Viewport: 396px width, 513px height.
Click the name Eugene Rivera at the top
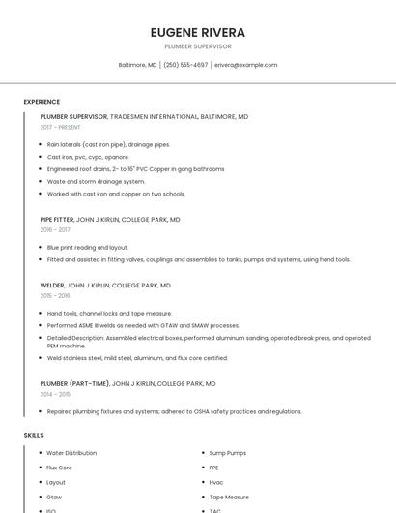click(x=198, y=33)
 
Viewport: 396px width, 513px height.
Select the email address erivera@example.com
click(x=245, y=65)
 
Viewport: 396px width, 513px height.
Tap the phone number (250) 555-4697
click(x=185, y=65)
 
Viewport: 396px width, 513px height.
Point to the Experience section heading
click(x=42, y=102)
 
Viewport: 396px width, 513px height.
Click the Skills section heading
click(x=34, y=435)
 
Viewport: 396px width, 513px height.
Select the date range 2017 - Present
click(x=61, y=127)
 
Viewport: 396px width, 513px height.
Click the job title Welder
click(x=52, y=286)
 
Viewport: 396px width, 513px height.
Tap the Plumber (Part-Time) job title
click(x=74, y=383)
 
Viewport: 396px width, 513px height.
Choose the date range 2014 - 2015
click(x=55, y=394)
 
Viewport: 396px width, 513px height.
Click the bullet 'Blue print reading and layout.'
click(x=88, y=247)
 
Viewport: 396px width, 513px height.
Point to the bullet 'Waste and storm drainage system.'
click(x=97, y=181)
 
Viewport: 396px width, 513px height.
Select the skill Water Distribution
click(x=71, y=453)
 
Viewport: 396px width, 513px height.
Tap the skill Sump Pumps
click(x=228, y=453)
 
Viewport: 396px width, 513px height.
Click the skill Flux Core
click(x=60, y=468)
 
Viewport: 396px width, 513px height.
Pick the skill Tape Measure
click(x=230, y=497)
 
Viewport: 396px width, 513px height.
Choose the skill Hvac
click(x=216, y=482)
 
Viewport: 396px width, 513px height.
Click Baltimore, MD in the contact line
click(x=137, y=65)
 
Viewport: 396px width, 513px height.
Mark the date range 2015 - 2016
click(x=55, y=296)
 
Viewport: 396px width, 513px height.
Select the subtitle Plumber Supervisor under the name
click(x=198, y=46)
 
